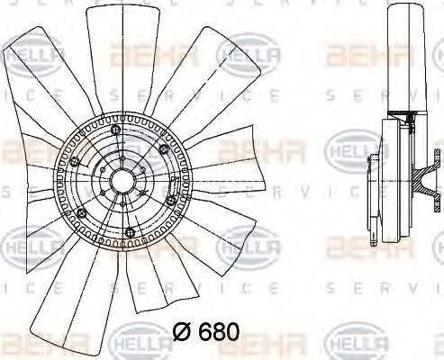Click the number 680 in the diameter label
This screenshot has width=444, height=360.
click(220, 332)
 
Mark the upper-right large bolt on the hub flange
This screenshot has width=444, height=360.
click(163, 148)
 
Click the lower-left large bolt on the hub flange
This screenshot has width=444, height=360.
click(81, 212)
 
